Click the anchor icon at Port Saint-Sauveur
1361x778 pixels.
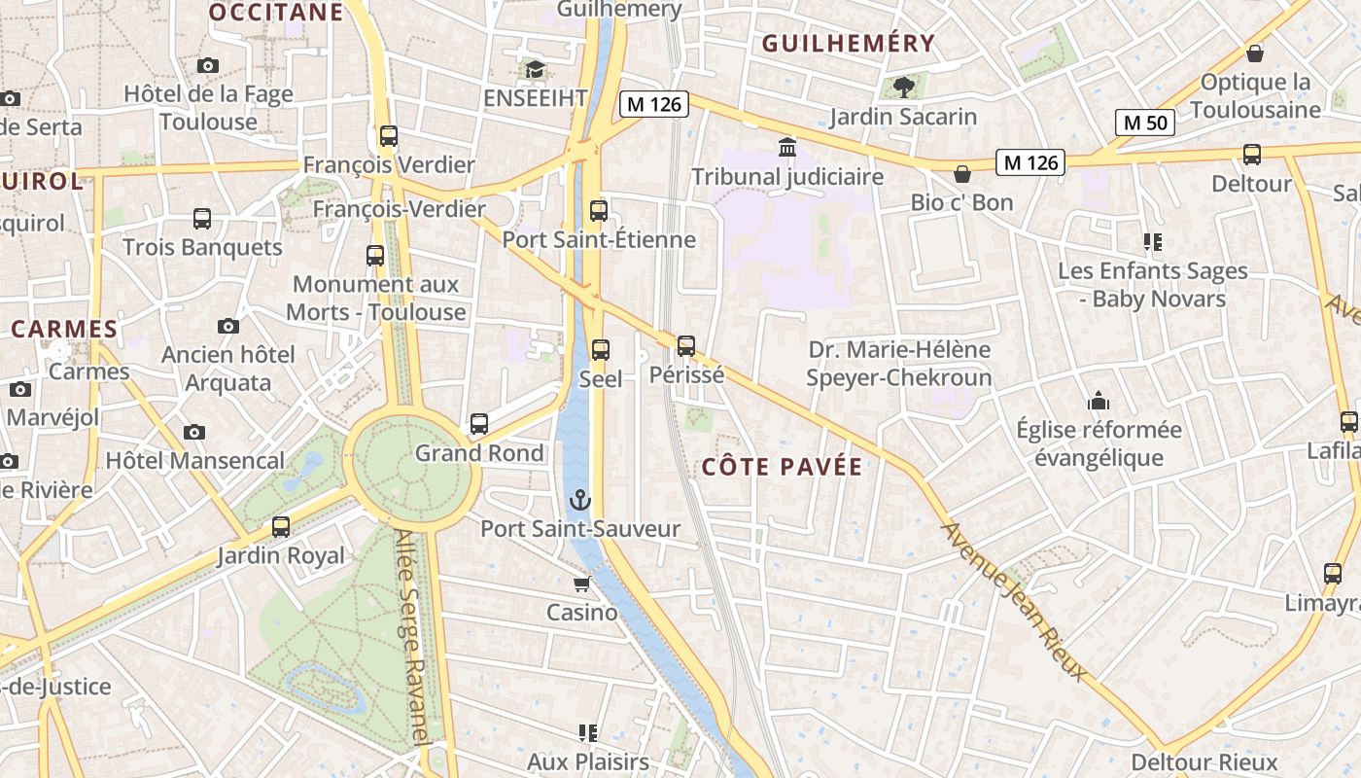click(579, 501)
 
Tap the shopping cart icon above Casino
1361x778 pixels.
click(581, 584)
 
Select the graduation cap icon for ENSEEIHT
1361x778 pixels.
click(535, 70)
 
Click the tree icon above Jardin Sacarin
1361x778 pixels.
click(903, 88)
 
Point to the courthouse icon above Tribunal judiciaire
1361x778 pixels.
click(786, 148)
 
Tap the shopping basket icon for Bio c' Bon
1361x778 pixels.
click(961, 174)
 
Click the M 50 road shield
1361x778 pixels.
click(1145, 123)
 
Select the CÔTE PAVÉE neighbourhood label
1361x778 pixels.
click(782, 468)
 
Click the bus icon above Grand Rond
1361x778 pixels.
click(479, 424)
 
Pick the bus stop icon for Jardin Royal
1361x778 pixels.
click(281, 527)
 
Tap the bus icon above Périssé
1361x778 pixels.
click(686, 345)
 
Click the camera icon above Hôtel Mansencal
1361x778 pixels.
click(194, 432)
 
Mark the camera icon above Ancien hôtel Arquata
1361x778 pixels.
click(228, 326)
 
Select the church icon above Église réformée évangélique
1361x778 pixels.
click(1099, 401)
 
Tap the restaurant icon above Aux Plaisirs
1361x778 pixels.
click(587, 732)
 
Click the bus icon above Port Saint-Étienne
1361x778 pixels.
click(599, 210)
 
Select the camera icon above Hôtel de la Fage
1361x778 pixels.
click(207, 66)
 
